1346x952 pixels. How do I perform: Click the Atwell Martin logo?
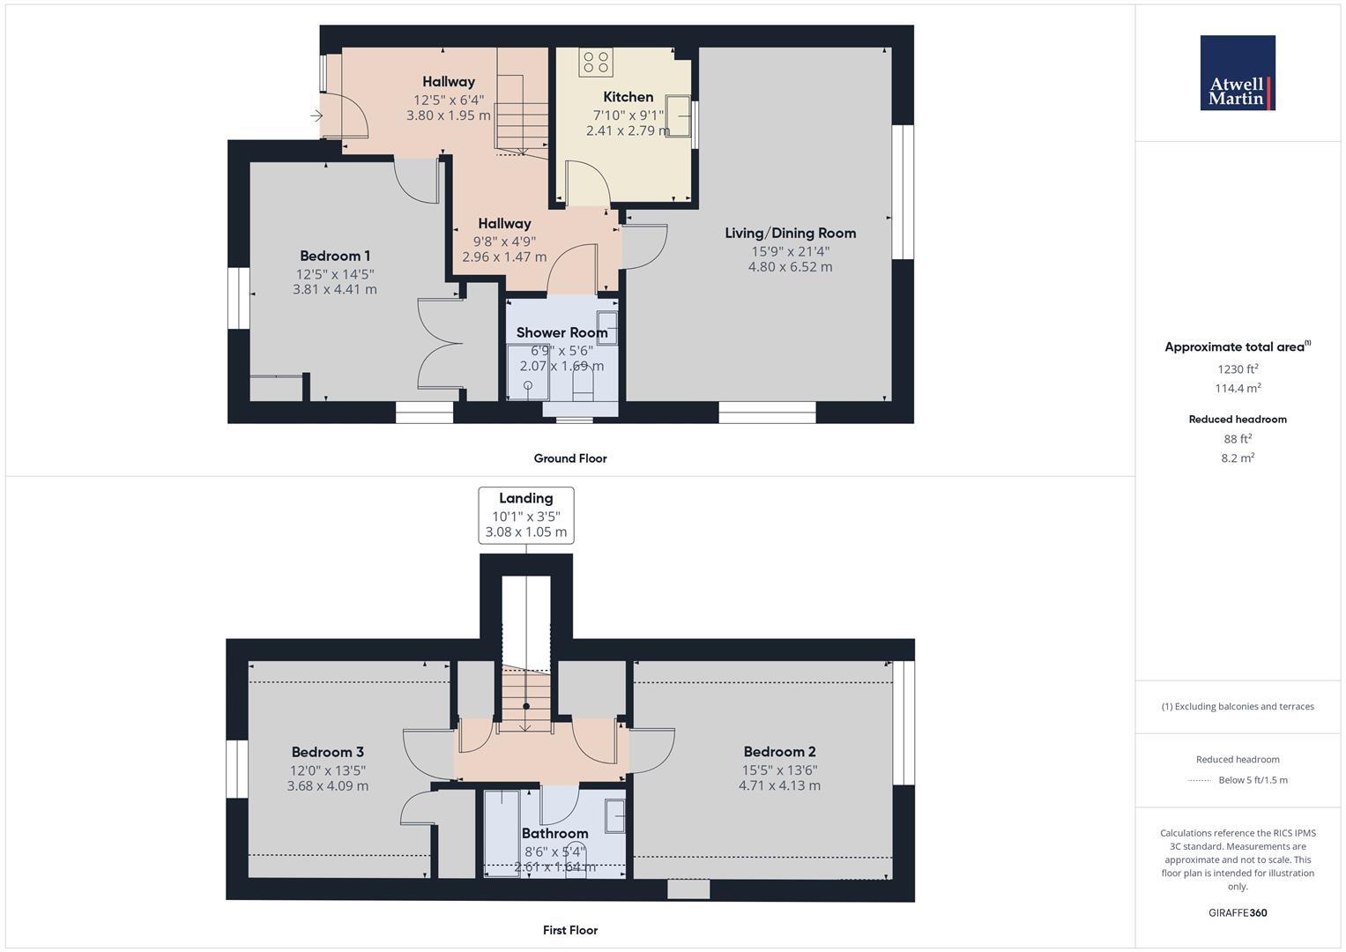[1238, 73]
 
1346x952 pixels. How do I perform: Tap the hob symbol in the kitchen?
[596, 62]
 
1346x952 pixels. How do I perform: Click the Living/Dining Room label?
[790, 234]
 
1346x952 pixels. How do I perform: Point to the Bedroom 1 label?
[334, 257]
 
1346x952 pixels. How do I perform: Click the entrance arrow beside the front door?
[316, 115]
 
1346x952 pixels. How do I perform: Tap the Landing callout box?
[526, 516]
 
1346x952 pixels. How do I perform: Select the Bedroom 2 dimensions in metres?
[779, 785]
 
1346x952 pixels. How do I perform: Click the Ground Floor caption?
[570, 458]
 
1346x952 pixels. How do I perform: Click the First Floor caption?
[570, 930]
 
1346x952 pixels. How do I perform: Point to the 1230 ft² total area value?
[1238, 369]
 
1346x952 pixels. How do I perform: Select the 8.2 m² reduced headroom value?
[1238, 457]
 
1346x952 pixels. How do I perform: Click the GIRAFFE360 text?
[1238, 913]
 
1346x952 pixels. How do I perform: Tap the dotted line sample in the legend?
[1200, 780]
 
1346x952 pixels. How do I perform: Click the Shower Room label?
[561, 333]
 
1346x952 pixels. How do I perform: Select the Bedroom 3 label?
[327, 753]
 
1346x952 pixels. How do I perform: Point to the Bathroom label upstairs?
[554, 834]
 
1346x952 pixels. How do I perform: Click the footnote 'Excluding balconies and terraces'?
[1238, 706]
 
